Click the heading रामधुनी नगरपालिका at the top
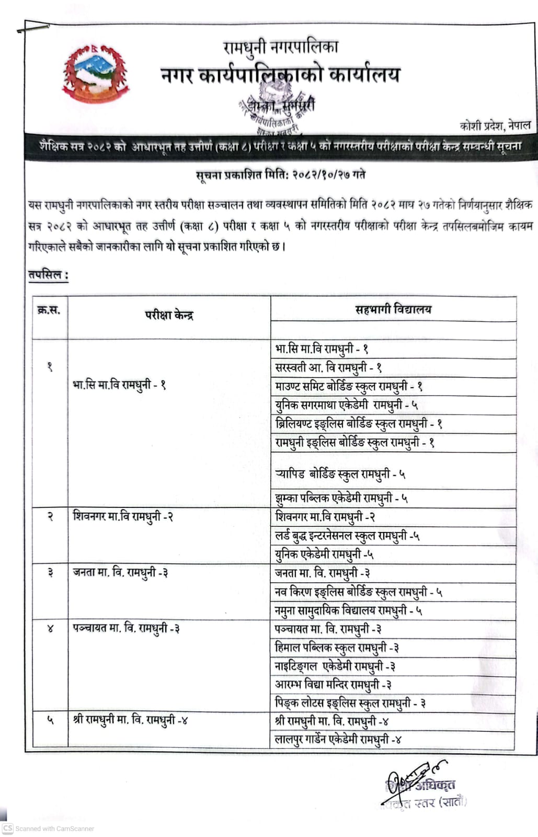tap(280, 48)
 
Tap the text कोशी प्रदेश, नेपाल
tap(495, 125)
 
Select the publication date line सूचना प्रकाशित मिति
tap(280, 175)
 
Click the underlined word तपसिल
tap(48, 274)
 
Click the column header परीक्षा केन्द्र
tap(169, 315)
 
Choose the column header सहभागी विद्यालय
tap(393, 309)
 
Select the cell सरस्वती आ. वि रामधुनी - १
tap(328, 368)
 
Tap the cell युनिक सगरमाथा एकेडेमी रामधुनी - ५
tap(346, 405)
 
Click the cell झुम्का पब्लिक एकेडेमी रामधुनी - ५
tap(341, 498)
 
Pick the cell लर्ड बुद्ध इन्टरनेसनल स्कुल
tap(347, 536)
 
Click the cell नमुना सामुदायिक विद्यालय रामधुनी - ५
tap(349, 610)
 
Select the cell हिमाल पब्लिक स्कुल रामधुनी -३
tap(337, 648)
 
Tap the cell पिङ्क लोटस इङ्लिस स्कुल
tap(350, 703)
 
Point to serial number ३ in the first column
tap(50, 573)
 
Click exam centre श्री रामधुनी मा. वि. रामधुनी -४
tap(130, 720)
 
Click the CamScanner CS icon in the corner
tap(7, 829)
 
